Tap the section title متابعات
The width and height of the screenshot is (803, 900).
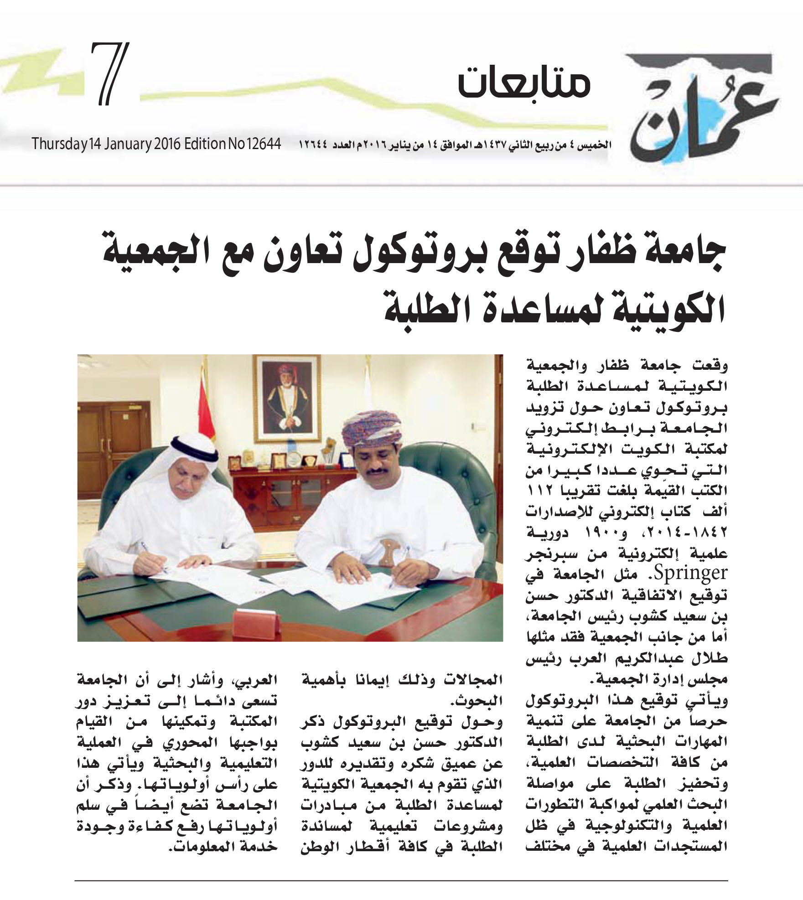coord(524,85)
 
